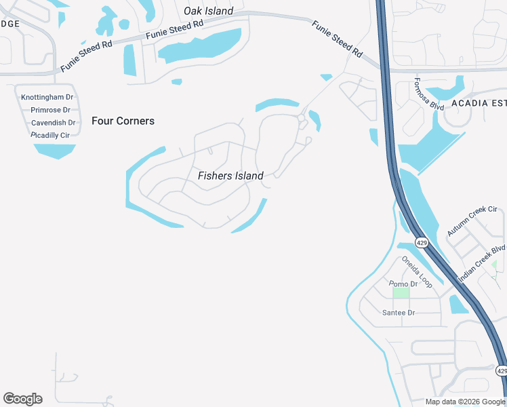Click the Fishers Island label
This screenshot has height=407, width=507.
(230, 176)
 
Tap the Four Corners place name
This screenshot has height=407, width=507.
(123, 121)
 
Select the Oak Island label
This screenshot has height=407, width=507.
(209, 11)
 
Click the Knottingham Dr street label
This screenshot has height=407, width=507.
(47, 97)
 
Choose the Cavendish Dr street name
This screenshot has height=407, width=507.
(53, 123)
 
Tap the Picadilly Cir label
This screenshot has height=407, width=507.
(51, 135)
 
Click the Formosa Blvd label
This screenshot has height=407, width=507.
(428, 96)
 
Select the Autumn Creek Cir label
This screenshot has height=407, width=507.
(472, 221)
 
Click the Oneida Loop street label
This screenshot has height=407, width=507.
(416, 271)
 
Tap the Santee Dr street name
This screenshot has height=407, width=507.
(399, 313)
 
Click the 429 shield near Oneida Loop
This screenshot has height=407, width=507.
(422, 242)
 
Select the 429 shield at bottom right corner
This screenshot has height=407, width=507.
(501, 370)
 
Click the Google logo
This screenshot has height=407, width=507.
(22, 399)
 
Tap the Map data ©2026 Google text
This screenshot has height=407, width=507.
(465, 402)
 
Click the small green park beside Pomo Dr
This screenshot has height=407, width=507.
(401, 293)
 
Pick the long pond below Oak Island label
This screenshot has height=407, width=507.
(201, 46)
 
